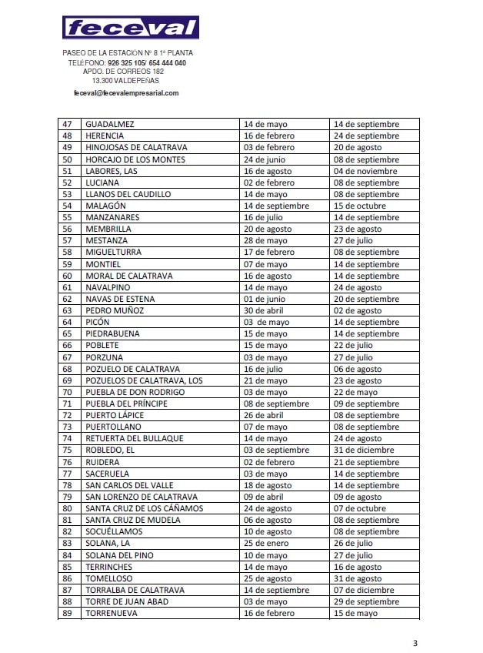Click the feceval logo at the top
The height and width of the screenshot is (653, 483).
(131, 28)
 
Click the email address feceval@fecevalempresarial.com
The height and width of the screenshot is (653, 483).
(126, 93)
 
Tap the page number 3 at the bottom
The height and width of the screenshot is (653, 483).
(415, 643)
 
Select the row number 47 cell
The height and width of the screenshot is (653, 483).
(68, 124)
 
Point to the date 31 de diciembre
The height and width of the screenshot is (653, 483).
(364, 450)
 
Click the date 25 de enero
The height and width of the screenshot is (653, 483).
(265, 544)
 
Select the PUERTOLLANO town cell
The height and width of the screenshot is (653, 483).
(113, 427)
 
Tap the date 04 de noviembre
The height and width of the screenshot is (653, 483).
(365, 171)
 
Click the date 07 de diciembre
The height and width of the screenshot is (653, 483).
(364, 590)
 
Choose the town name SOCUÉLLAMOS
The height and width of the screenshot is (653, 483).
(115, 532)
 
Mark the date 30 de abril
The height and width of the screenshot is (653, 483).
(264, 310)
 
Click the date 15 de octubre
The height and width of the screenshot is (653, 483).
(361, 206)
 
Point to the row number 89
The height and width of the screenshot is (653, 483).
(68, 613)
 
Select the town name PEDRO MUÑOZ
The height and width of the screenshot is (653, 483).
(115, 310)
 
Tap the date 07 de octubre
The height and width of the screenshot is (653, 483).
(360, 508)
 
